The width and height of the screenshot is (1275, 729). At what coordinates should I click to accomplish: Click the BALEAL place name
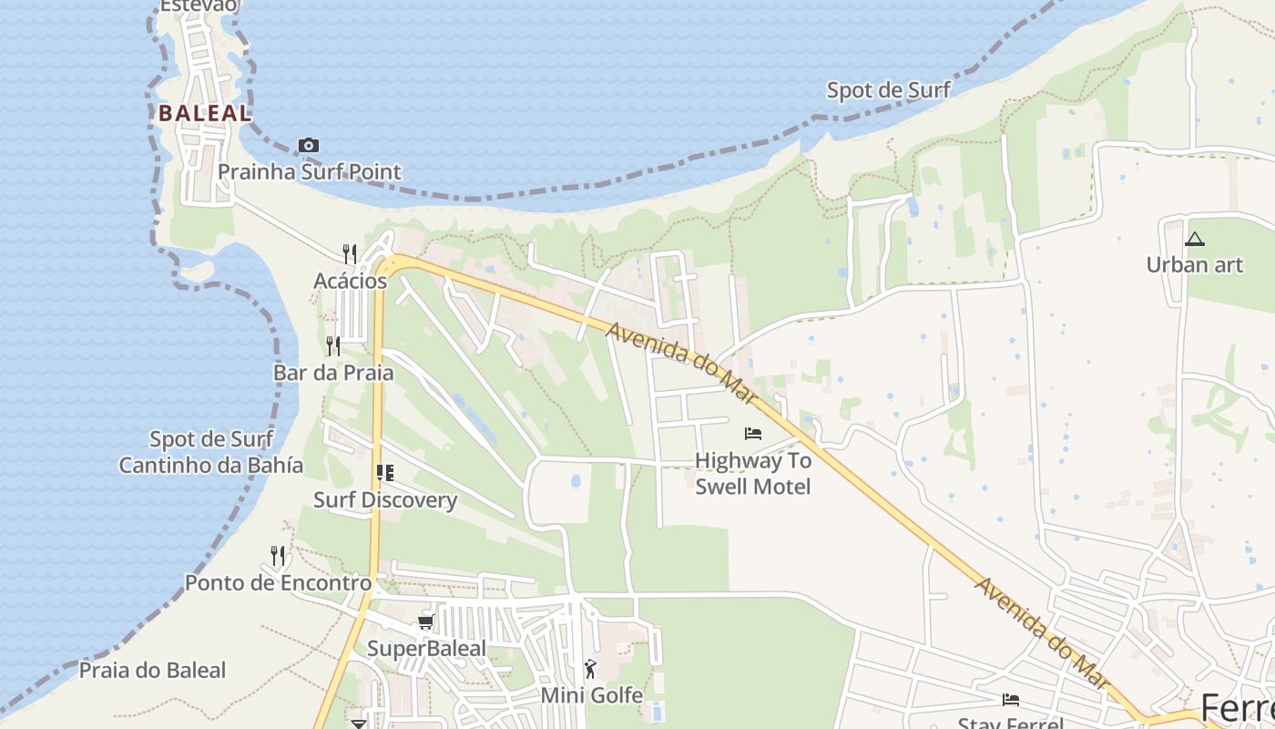[x=205, y=113]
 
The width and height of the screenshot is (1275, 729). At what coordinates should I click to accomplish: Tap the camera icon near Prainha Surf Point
[x=309, y=146]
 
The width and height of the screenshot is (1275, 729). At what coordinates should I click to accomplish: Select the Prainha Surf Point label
[x=310, y=171]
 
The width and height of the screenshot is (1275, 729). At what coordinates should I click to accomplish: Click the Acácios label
[x=351, y=281]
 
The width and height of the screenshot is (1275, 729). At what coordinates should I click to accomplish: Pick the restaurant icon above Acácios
[x=350, y=252]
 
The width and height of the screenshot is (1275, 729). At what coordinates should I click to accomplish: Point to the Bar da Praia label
[x=333, y=373]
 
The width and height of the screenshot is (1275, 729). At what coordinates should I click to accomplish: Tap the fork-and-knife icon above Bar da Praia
[x=333, y=345]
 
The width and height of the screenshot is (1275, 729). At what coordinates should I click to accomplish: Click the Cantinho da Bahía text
[x=211, y=465]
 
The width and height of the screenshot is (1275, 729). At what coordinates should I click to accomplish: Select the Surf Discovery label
[x=385, y=500]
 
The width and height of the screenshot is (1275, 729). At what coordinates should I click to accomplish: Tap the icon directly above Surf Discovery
[x=385, y=472]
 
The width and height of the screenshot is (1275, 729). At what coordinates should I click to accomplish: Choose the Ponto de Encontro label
[x=279, y=583]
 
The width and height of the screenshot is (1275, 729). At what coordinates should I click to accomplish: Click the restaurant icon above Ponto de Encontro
[x=278, y=555]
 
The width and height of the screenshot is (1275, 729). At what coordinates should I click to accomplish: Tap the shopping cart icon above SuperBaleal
[x=425, y=622]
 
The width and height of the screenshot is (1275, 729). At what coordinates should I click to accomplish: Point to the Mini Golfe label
[x=592, y=696]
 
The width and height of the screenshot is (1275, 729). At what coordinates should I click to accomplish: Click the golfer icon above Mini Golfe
[x=591, y=669]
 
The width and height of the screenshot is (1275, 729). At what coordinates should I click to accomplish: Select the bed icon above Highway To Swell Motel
[x=753, y=433]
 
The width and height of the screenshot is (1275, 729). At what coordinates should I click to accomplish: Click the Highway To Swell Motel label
[x=753, y=474]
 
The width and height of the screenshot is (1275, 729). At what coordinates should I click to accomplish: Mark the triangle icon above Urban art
[x=1194, y=240]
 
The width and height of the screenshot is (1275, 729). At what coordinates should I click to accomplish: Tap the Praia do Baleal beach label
[x=152, y=671]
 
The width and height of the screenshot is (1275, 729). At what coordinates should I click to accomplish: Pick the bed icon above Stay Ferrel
[x=1011, y=700]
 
